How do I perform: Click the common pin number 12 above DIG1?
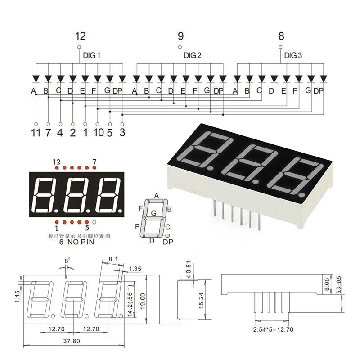click(x=80, y=36)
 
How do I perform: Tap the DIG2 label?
click(x=193, y=56)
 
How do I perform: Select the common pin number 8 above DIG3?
click(x=281, y=36)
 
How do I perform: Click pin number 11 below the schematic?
click(x=36, y=132)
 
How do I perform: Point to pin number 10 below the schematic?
click(x=99, y=132)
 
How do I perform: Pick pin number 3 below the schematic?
click(x=122, y=132)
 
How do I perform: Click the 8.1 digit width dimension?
click(x=113, y=259)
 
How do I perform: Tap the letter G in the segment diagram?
click(x=154, y=212)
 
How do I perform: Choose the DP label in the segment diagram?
click(x=167, y=242)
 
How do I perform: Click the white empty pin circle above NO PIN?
click(x=94, y=222)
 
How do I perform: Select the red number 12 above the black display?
click(x=56, y=162)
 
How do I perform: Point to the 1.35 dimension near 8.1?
click(x=135, y=269)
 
